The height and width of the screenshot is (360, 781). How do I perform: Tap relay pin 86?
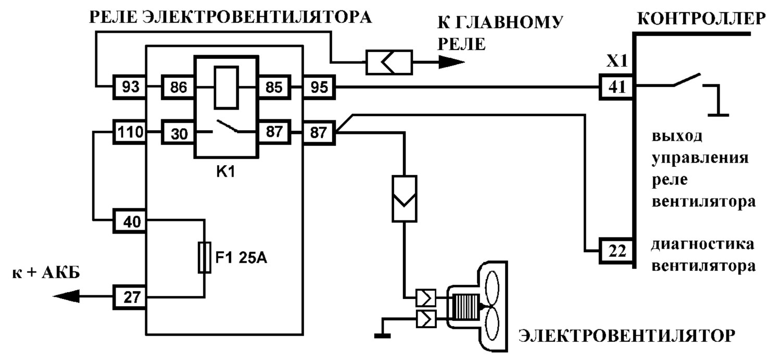(178, 87)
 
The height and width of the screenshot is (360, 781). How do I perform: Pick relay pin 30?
(178, 132)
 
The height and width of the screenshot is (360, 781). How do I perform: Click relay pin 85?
(274, 87)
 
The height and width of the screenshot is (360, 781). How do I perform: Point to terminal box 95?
(319, 87)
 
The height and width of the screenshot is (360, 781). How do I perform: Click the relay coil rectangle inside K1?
(226, 88)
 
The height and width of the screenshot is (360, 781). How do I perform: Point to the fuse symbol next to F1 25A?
(204, 257)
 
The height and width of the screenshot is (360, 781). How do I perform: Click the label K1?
(225, 171)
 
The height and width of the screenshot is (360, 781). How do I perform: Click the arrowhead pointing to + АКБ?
(66, 296)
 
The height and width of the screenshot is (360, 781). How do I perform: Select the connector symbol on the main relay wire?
(389, 63)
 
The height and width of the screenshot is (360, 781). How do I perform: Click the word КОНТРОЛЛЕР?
(701, 18)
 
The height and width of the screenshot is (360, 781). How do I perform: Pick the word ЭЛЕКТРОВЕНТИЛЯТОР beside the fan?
(627, 336)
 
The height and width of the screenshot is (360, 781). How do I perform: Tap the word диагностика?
(702, 244)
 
